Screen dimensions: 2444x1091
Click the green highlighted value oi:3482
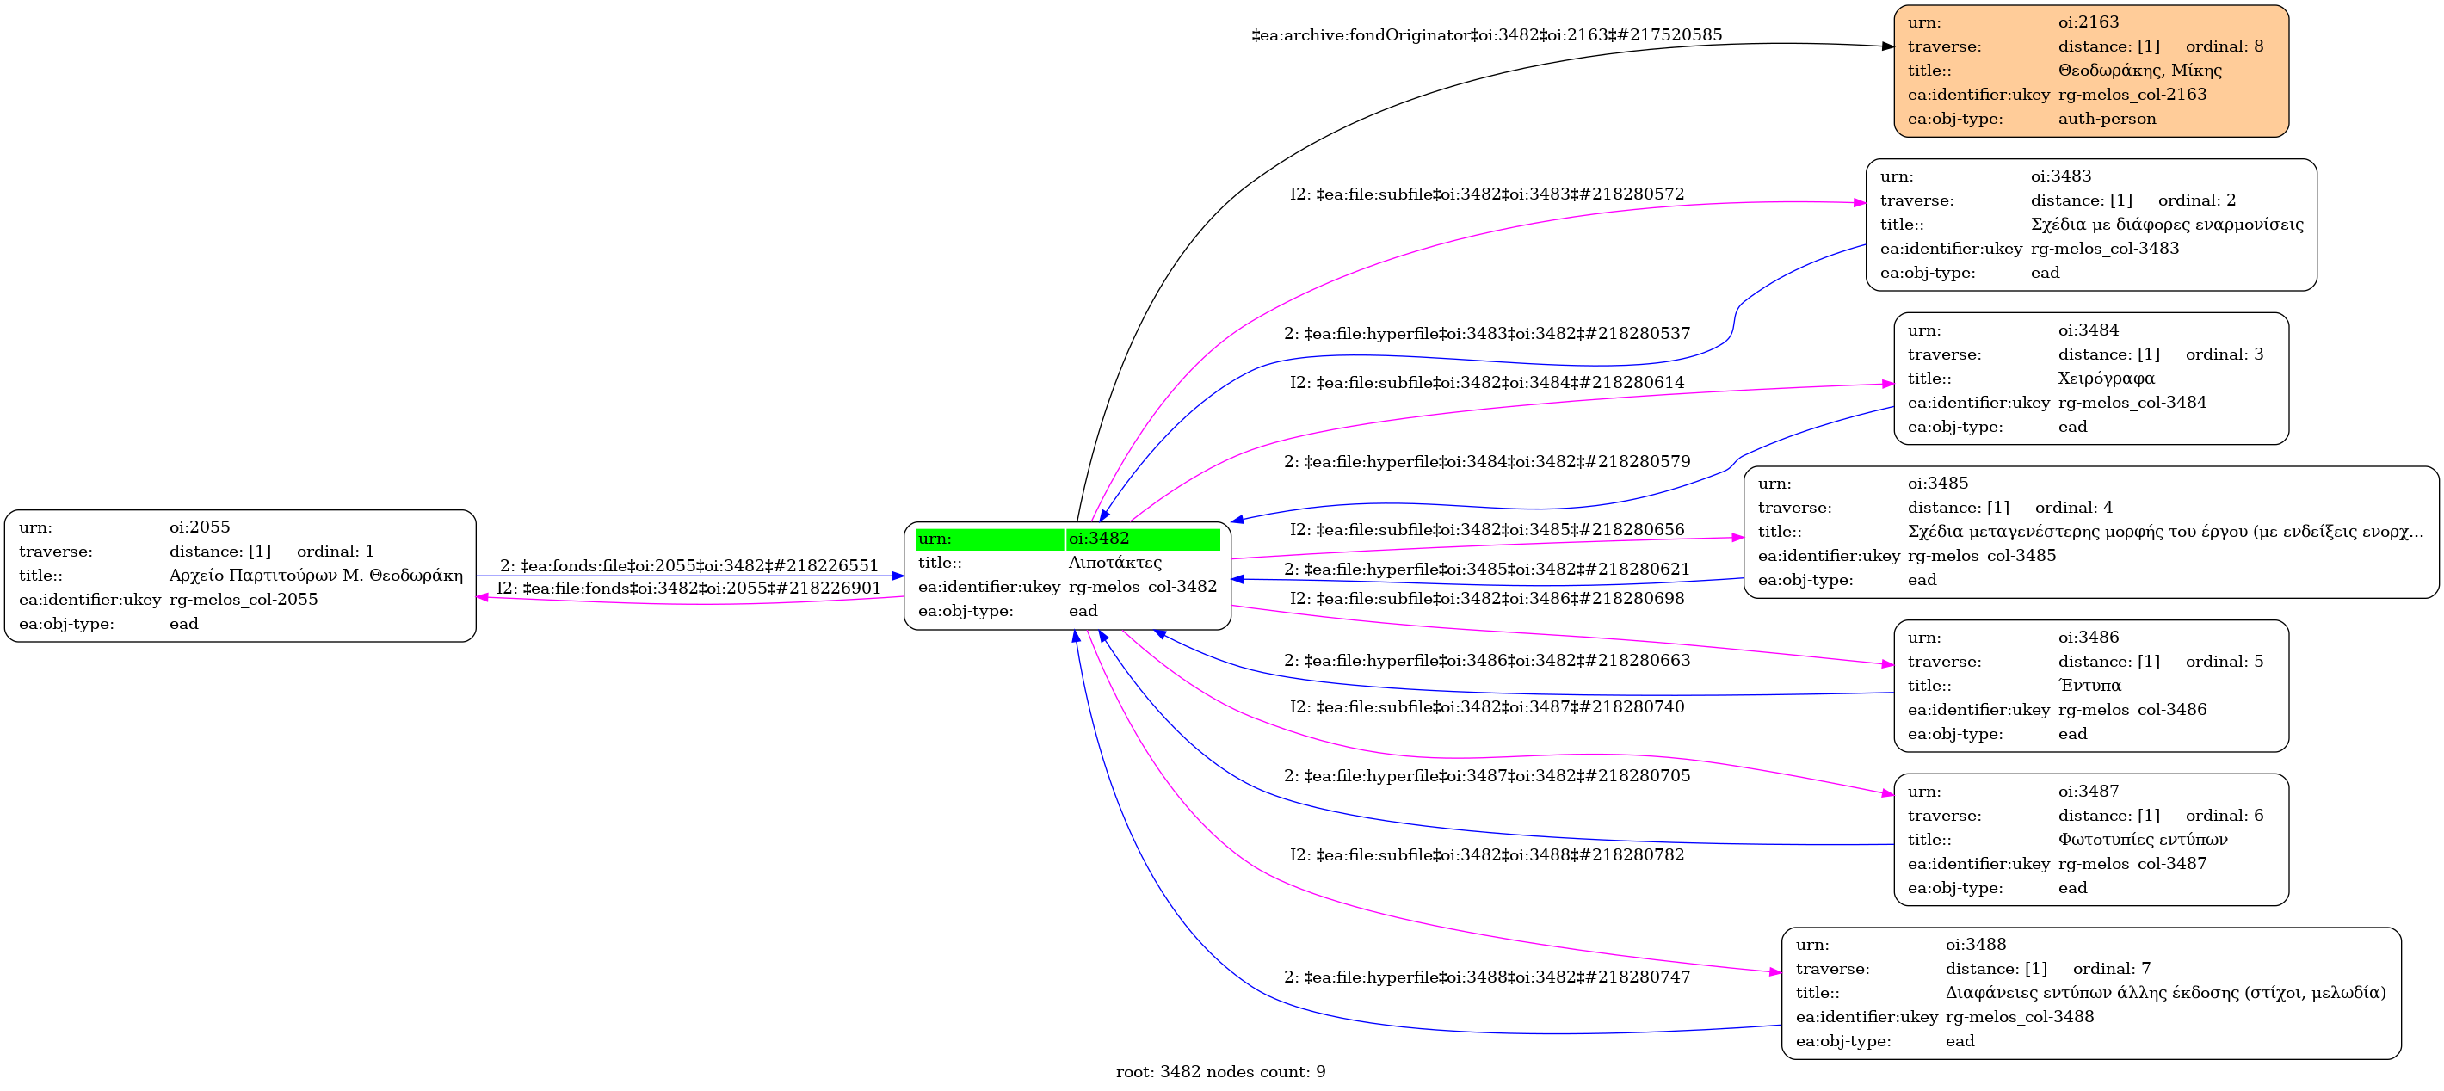click(1099, 539)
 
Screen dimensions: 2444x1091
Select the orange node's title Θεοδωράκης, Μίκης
click(2139, 71)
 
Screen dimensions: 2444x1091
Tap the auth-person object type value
click(2108, 119)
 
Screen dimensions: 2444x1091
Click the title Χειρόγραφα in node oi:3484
click(2107, 379)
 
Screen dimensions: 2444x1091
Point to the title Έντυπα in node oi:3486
click(2089, 685)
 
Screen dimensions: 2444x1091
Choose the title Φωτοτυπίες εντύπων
click(2142, 840)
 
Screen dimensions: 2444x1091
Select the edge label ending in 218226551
click(690, 565)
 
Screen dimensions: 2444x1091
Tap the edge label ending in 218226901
click(688, 589)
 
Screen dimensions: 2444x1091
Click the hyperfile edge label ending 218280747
click(1487, 977)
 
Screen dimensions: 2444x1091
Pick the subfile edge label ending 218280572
click(1487, 194)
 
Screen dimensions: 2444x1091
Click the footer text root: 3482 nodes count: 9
click(1221, 1072)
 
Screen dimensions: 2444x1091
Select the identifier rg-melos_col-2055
click(244, 600)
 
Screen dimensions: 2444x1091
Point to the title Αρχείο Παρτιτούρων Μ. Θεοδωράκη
click(316, 575)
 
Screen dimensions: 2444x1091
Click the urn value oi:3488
click(1976, 944)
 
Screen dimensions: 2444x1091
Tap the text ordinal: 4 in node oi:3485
click(2074, 508)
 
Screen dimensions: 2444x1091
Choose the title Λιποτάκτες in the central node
click(1114, 563)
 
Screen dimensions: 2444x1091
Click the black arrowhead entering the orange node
click(1887, 46)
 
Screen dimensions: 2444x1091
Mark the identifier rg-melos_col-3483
click(2105, 249)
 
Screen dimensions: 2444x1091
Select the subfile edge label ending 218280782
click(1487, 854)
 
